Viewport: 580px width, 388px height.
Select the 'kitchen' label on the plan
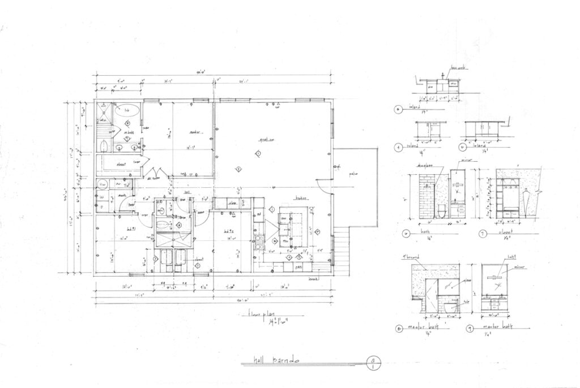(300, 198)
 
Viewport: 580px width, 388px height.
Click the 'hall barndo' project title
(275, 360)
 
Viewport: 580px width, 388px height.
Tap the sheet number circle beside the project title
(373, 361)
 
